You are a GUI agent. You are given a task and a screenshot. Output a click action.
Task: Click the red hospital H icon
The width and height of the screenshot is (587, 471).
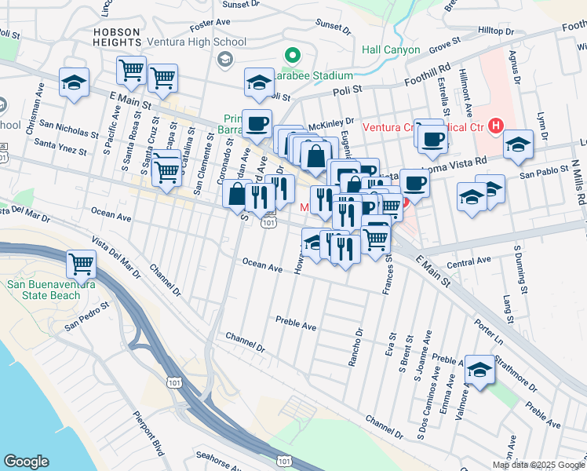495,125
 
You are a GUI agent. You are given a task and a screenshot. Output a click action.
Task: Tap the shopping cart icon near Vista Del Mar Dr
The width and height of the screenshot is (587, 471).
82,263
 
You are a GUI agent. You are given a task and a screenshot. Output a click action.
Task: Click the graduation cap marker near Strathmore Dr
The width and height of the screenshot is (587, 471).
478,368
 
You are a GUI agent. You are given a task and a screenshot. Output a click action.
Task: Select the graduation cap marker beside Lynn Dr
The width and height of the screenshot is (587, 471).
518,144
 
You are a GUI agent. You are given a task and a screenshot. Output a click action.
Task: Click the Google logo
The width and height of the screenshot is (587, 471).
26,462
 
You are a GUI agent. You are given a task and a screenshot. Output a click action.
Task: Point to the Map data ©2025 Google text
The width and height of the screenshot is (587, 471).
538,465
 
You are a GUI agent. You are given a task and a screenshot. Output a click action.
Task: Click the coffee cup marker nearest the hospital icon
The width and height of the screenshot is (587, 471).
431,139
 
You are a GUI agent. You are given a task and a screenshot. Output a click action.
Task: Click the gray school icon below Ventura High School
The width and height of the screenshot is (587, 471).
225,59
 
